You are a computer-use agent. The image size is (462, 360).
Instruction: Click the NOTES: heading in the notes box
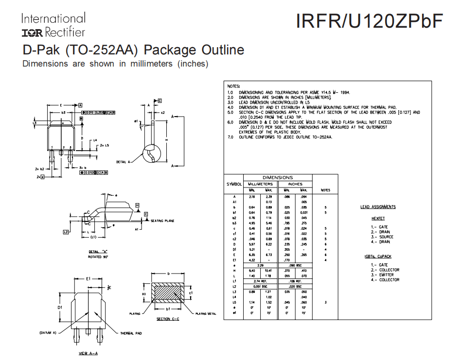click(x=234, y=86)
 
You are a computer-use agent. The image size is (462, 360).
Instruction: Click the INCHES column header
click(x=295, y=184)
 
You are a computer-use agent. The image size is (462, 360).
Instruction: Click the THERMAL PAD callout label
click(x=132, y=333)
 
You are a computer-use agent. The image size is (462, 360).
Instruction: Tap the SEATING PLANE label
click(x=163, y=221)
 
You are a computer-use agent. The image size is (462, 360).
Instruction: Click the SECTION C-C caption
click(x=168, y=319)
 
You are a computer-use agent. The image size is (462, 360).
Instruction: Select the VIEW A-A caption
click(x=88, y=353)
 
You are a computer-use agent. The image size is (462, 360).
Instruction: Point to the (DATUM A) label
click(x=48, y=333)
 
